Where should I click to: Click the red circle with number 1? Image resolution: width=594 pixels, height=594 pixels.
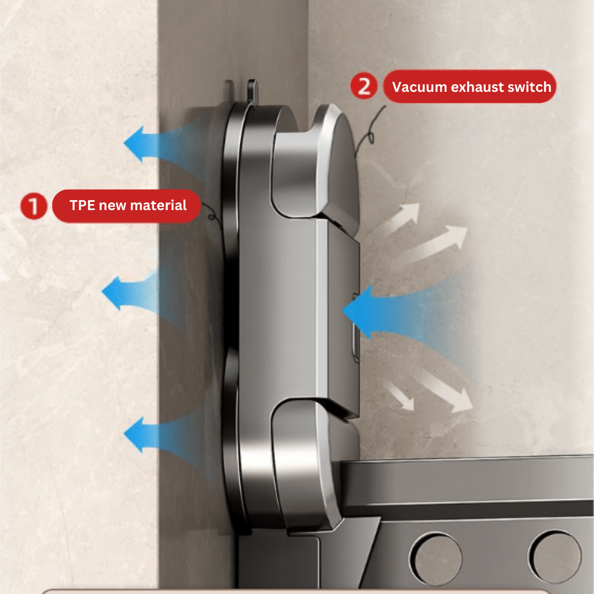34,206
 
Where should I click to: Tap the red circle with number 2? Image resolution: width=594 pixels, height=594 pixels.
364,86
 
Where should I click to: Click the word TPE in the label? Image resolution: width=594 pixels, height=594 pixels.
82,205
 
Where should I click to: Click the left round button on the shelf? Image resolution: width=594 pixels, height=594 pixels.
436,558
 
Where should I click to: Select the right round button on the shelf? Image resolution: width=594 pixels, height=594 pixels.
555,557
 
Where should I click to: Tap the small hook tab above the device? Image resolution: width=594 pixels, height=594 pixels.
251,90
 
